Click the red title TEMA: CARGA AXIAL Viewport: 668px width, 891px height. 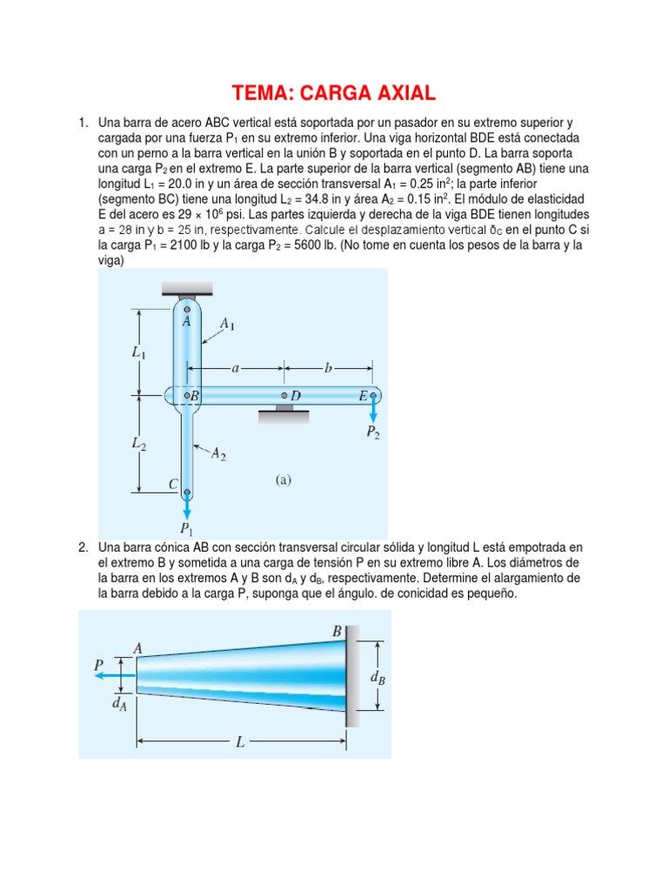pos(333,92)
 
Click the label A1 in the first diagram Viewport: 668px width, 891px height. pos(227,324)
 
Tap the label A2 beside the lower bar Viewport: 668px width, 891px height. pos(218,453)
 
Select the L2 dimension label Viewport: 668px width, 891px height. pos(139,444)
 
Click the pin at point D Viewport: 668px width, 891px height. pos(284,397)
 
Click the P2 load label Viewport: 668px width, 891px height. pos(372,432)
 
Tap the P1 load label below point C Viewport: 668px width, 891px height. pos(186,527)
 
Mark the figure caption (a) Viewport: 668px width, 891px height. pos(284,479)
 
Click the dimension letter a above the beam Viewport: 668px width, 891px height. pos(235,368)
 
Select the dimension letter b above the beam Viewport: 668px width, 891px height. pos(328,368)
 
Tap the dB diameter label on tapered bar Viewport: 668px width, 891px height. pos(377,678)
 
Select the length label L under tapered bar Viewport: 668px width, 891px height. pos(241,743)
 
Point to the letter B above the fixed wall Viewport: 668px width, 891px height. pos(337,630)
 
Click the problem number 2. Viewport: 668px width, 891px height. pos(82,546)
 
